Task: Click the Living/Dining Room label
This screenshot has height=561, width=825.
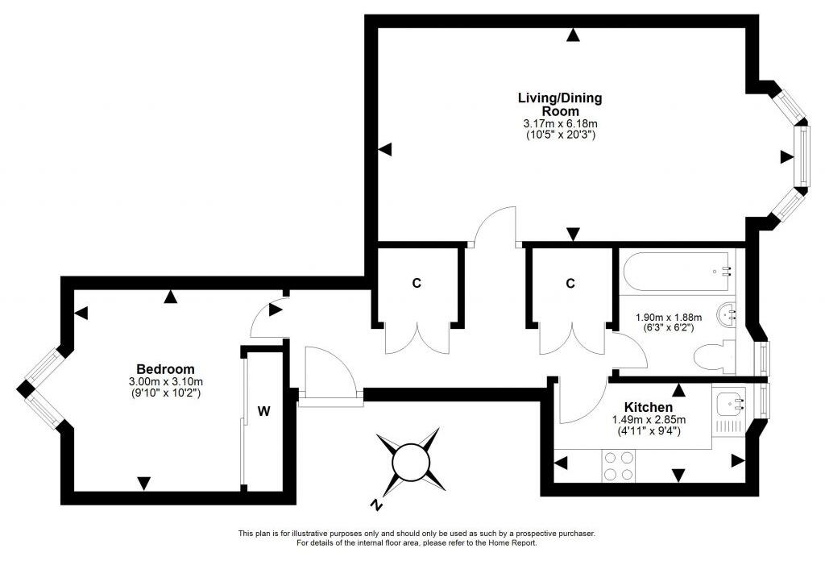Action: pos(559,104)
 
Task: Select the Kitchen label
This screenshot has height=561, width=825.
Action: pos(648,407)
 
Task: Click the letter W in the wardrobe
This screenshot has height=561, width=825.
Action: pos(263,411)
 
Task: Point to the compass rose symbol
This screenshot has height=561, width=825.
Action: pos(411,462)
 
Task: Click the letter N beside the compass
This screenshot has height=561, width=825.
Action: pos(375,505)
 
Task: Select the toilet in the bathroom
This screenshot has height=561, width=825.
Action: pos(714,355)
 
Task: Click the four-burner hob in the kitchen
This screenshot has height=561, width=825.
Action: pos(618,466)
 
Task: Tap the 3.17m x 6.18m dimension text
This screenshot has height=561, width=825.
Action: pos(559,123)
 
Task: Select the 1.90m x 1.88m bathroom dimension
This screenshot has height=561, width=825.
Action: pos(669,317)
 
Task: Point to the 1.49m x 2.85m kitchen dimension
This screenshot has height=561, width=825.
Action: pos(648,419)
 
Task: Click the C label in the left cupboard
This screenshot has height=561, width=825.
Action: pos(417,283)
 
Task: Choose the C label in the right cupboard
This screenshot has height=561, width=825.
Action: pos(570,283)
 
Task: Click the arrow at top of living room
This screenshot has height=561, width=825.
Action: pos(572,34)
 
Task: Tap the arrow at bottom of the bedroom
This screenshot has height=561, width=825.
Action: pos(143,483)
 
